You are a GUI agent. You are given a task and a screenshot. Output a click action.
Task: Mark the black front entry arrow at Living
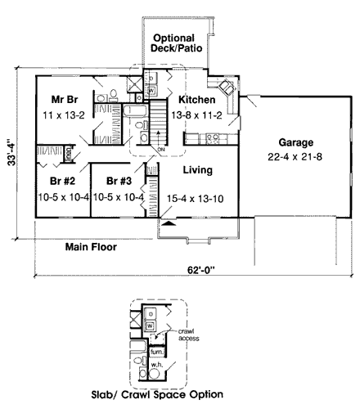(x=167, y=222)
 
